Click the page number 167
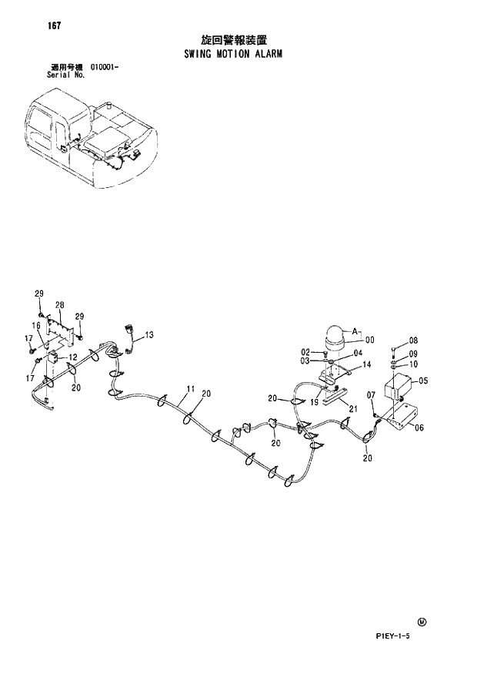click(x=53, y=25)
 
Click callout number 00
click(x=369, y=340)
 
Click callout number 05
click(x=423, y=381)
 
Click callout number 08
click(x=413, y=340)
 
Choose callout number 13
click(x=149, y=334)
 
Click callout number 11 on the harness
click(x=190, y=388)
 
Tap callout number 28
click(x=59, y=305)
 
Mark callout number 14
click(x=366, y=364)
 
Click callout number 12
click(x=72, y=357)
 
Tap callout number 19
click(x=314, y=402)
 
